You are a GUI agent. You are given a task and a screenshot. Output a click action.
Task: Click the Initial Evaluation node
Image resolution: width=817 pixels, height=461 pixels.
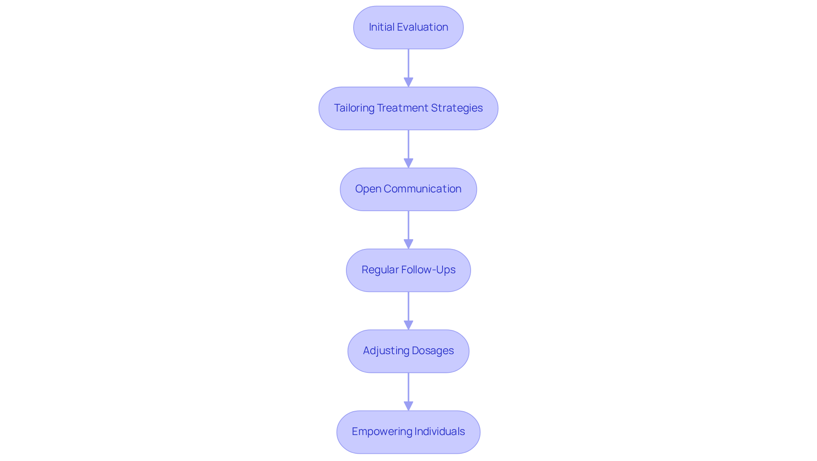(x=408, y=27)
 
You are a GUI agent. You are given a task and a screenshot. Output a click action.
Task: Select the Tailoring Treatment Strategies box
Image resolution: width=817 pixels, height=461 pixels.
(x=408, y=108)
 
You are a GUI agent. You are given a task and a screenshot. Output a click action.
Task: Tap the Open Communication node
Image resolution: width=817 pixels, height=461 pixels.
(x=408, y=189)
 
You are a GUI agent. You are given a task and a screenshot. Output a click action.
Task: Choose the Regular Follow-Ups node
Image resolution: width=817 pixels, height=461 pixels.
(x=408, y=270)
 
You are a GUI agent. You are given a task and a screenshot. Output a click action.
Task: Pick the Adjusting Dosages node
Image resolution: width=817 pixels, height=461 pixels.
(x=408, y=351)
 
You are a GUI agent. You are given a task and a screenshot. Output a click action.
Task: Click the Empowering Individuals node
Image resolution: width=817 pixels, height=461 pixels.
(x=408, y=432)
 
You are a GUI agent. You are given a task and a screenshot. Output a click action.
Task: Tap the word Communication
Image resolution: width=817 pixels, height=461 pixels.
(x=422, y=189)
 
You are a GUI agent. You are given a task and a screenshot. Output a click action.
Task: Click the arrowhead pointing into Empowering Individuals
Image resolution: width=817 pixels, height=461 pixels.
(x=408, y=406)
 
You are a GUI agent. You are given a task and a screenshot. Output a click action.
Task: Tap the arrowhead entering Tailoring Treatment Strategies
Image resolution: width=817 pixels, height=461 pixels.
(x=408, y=82)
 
